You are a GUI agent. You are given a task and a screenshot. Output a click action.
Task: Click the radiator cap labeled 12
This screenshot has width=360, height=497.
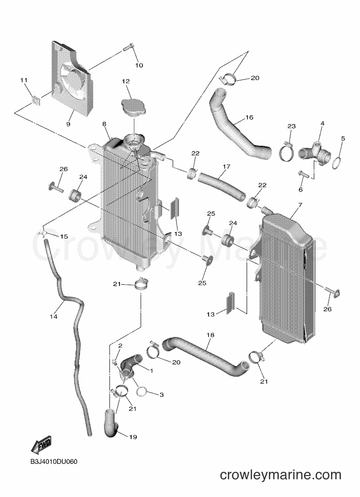coord(133,106)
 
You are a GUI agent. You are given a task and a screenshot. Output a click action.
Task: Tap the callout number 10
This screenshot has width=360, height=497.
coord(139,65)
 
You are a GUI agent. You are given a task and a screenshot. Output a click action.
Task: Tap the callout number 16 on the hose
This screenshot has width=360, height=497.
coord(249,118)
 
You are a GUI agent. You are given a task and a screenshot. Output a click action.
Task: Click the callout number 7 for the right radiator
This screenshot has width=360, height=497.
coord(300,205)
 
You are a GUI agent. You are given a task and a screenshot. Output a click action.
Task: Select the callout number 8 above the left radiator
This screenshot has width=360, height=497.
coord(104,124)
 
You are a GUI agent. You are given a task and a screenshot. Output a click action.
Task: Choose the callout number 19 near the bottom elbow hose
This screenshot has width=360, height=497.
coord(133,437)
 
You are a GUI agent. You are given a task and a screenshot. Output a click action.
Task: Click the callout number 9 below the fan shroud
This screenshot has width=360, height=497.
coord(68,124)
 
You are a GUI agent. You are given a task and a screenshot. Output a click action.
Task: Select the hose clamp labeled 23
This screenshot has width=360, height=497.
coord(286,152)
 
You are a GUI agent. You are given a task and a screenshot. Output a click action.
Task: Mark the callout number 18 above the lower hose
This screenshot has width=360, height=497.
coord(211,335)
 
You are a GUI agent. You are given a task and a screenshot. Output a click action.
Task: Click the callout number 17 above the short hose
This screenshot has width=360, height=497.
coord(226,167)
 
